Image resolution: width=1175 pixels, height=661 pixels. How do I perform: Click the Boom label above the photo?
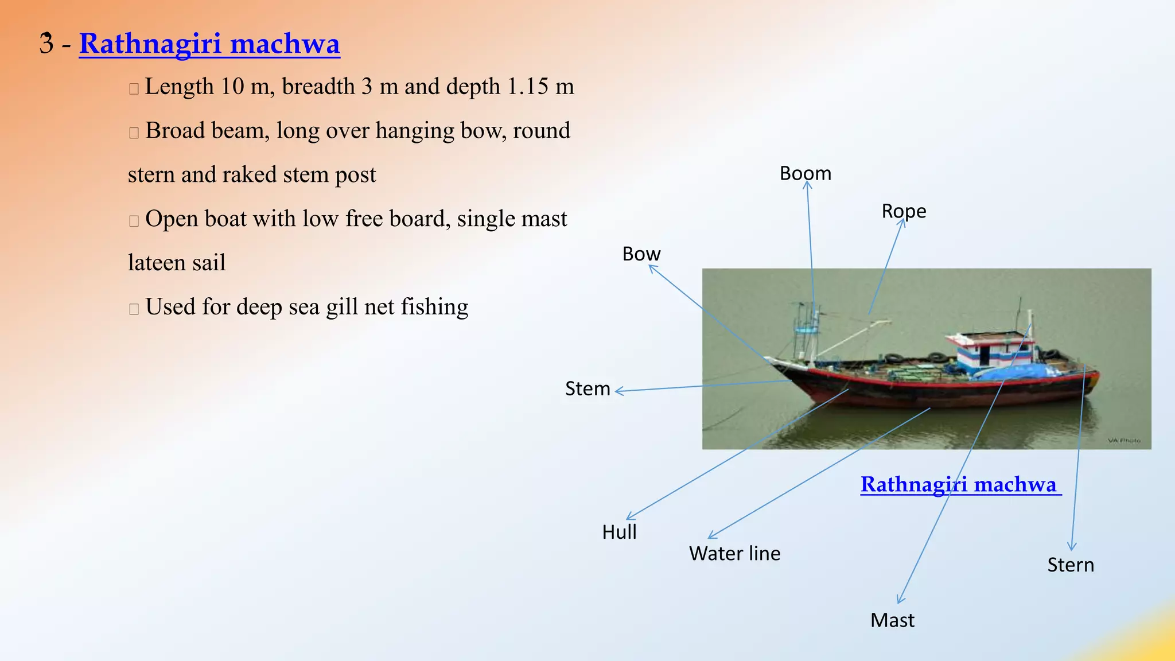(x=805, y=173)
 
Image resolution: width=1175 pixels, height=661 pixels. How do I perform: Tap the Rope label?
(x=904, y=211)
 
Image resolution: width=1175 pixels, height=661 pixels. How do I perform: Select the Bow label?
(x=641, y=254)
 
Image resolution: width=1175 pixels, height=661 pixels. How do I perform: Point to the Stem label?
(x=587, y=388)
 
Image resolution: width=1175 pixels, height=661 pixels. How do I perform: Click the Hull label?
(x=619, y=532)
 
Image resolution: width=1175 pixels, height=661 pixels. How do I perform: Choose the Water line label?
(x=734, y=553)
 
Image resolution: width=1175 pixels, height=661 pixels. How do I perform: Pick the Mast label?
(x=892, y=620)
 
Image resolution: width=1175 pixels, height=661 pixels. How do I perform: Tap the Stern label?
(x=1071, y=565)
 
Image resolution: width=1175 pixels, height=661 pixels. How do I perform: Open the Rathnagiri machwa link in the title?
(x=209, y=44)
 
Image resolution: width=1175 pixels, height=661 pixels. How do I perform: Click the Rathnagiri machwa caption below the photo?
(x=958, y=484)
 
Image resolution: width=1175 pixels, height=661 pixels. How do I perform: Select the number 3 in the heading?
(x=46, y=44)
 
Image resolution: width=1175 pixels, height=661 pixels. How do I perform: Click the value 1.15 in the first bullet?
(x=528, y=87)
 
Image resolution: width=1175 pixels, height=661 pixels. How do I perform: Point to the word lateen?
(x=153, y=263)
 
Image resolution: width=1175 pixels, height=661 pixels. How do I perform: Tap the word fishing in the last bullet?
(x=434, y=307)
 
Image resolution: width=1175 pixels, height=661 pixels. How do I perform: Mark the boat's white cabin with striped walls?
(x=990, y=351)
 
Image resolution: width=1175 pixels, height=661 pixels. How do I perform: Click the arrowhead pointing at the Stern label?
(x=1072, y=547)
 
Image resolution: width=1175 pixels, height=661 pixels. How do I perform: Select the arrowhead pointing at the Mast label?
(x=900, y=600)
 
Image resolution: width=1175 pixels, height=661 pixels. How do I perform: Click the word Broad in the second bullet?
(x=175, y=131)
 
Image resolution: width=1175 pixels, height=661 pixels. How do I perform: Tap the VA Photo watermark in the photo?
(x=1123, y=441)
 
